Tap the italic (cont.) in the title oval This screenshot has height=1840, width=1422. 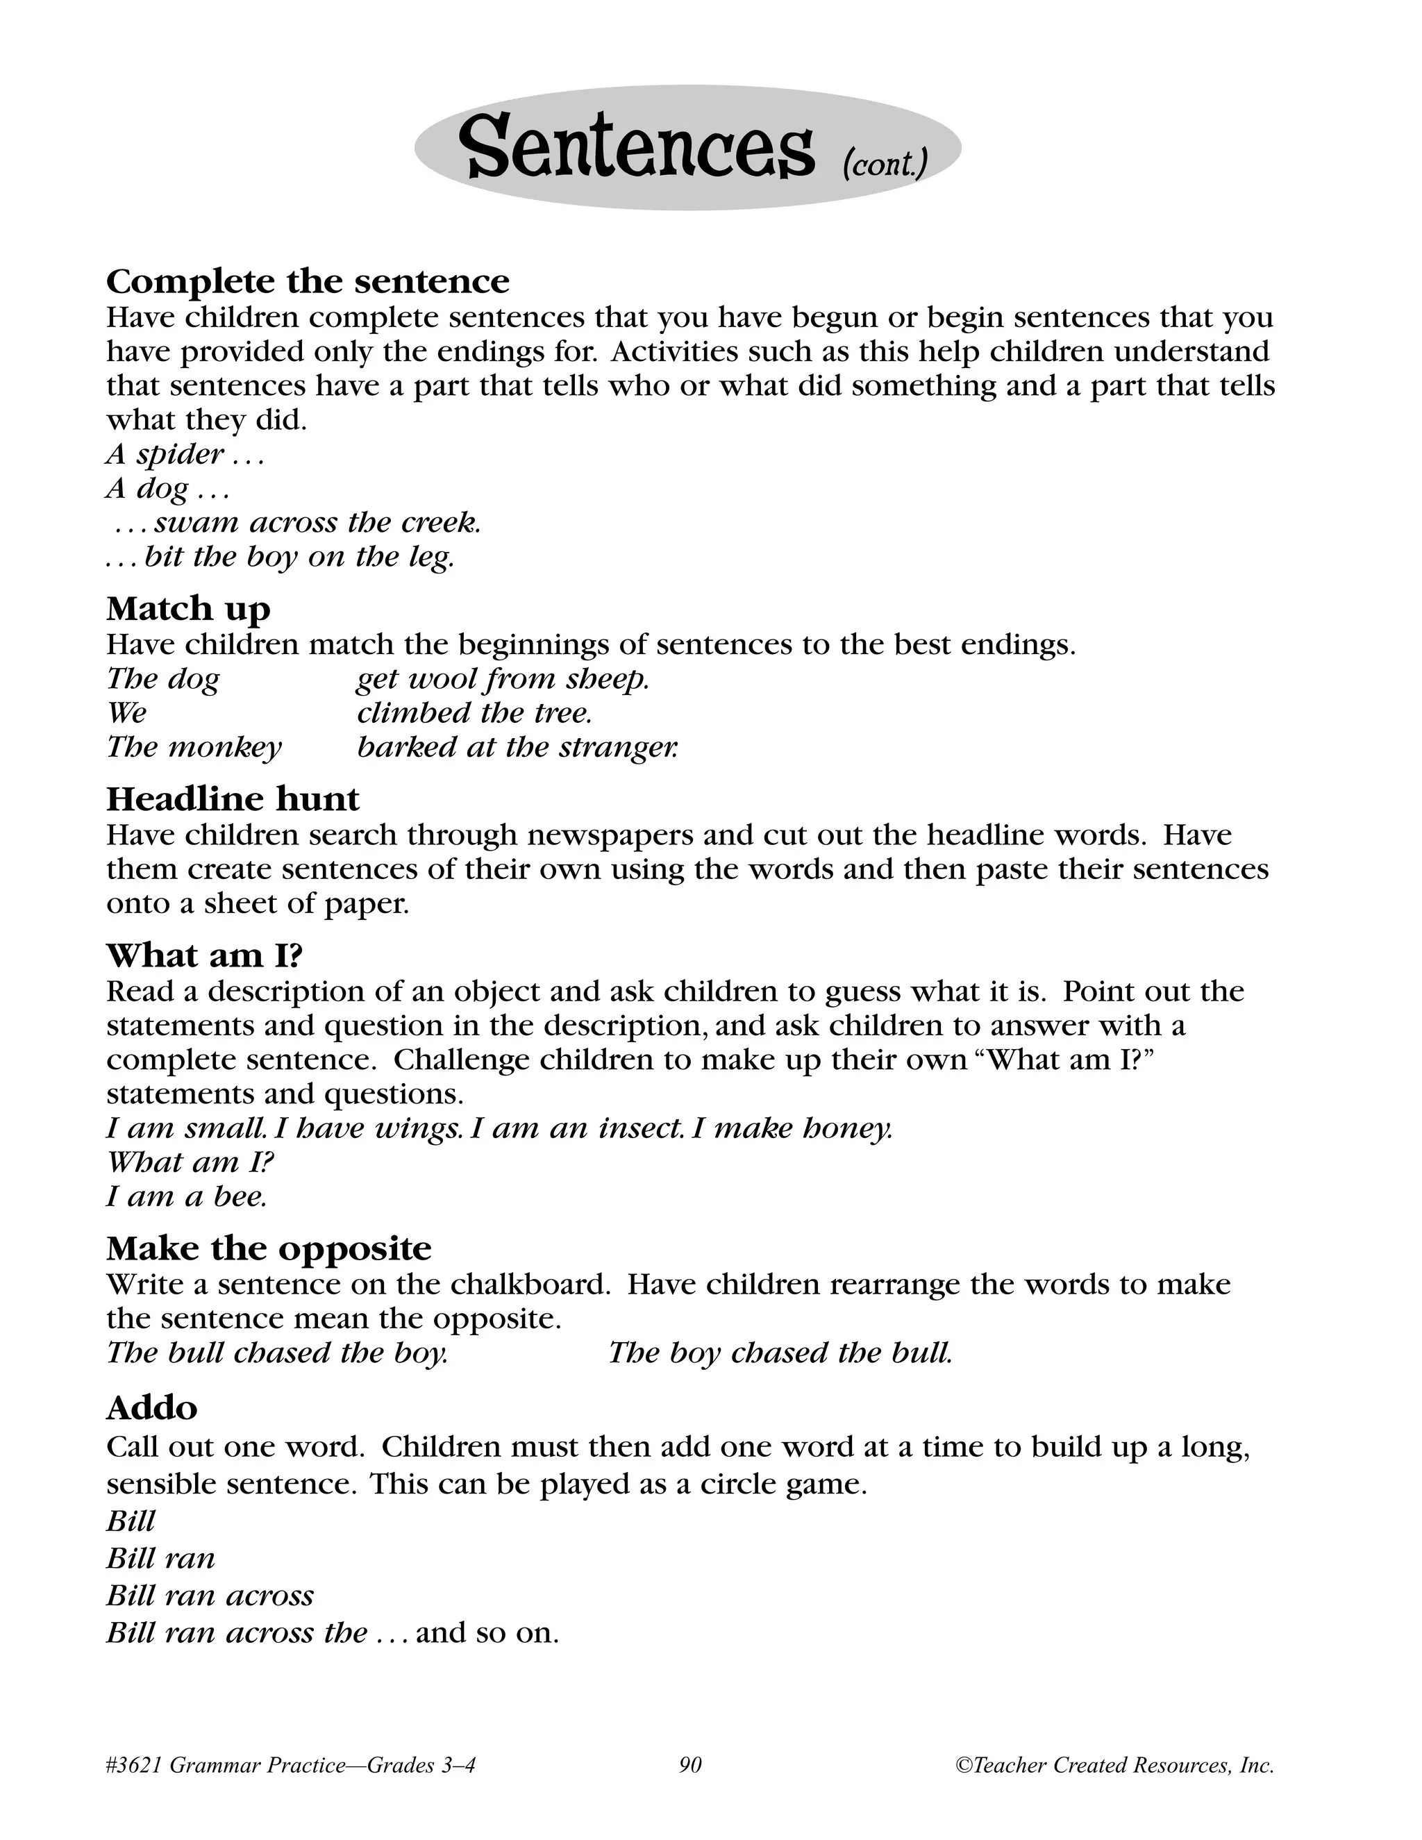pos(885,162)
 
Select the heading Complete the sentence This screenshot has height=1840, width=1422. pos(308,281)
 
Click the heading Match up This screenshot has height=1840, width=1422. pos(188,608)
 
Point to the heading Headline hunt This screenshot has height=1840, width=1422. pos(233,798)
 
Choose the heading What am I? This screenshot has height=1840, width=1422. pos(204,955)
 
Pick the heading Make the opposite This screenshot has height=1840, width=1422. pos(269,1247)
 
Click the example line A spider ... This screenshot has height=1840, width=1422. pos(185,454)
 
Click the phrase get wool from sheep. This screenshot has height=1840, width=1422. pos(503,678)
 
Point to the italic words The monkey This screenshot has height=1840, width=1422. pos(194,746)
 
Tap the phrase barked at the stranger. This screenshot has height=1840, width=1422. pos(517,746)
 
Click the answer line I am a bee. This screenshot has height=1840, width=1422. pos(186,1196)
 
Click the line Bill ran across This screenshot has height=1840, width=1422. pos(210,1595)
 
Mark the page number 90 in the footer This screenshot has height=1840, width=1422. pos(690,1764)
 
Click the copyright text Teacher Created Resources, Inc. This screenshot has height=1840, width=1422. pos(1121,1764)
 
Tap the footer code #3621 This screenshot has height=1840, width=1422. pos(135,1764)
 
